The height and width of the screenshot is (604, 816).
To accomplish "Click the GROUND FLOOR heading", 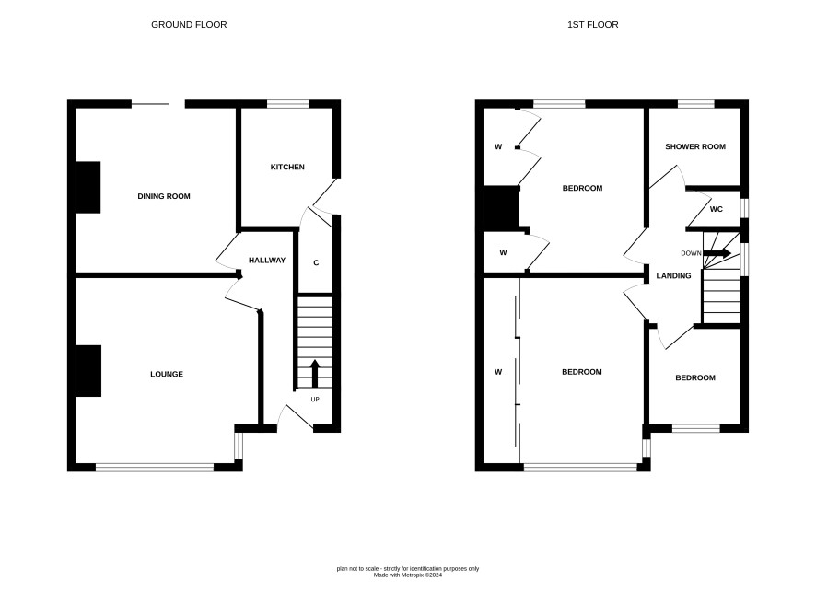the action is pos(189,25).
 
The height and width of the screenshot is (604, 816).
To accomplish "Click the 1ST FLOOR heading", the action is pos(593,25).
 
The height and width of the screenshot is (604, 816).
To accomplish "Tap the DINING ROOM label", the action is pos(164,196).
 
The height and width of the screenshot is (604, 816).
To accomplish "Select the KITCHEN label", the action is pos(287,167).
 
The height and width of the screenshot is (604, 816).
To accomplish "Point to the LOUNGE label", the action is pos(167,374).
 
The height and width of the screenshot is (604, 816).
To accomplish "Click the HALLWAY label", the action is pos(267,261).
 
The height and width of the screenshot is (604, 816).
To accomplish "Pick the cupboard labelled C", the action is pos(316,262).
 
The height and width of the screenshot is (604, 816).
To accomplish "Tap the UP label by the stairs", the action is pos(315,400).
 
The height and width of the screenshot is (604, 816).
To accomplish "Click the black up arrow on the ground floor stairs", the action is pos(315,373).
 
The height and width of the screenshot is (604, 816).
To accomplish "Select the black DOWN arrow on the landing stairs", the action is pos(717,253).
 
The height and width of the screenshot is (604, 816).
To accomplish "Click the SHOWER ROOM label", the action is pos(695,146).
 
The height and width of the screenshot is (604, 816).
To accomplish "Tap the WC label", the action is pos(717,209).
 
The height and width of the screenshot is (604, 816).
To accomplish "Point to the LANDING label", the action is pos(673,275).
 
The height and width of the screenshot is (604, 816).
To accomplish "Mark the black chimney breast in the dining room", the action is pos(87,187).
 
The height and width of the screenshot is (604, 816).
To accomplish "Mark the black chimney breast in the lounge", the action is pos(87,371).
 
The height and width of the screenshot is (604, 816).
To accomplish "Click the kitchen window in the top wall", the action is pos(288,104).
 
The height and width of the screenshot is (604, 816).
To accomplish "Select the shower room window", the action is pos(695,104).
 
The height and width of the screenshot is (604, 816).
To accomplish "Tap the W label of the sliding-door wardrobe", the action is pos(498,372).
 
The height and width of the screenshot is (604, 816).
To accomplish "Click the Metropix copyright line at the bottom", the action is pos(408,575).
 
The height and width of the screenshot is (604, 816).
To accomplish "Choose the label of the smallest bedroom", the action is pos(695,377).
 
